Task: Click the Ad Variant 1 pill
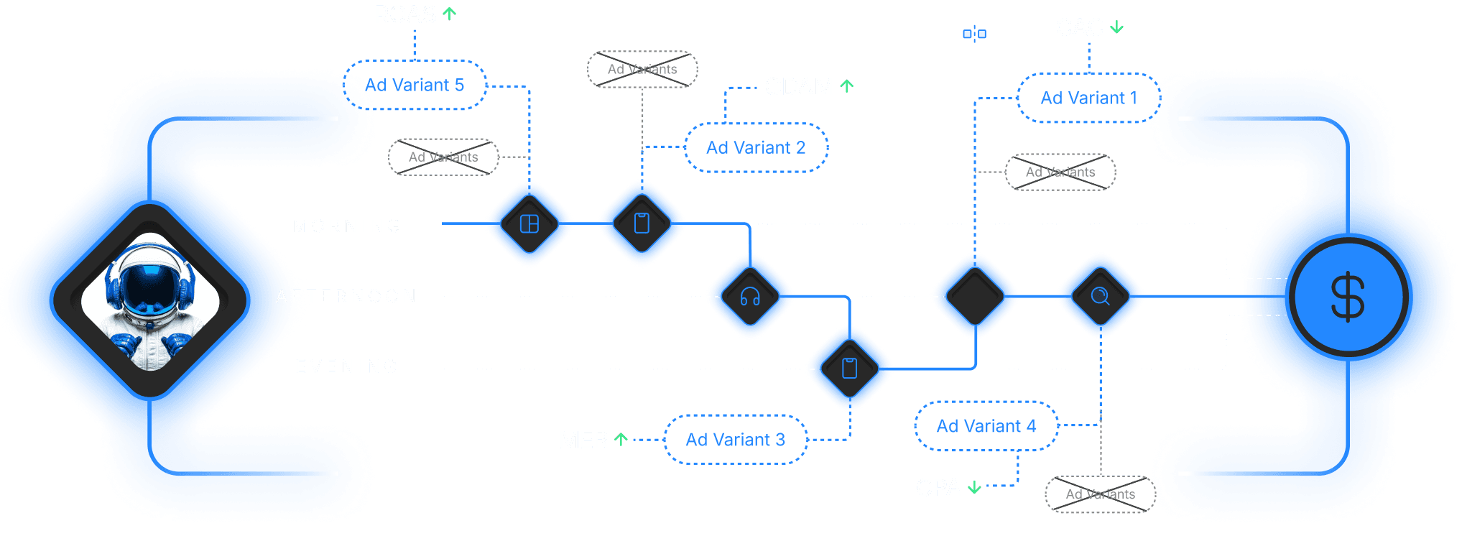1088,98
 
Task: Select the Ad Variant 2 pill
756,147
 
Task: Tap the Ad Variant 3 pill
735,440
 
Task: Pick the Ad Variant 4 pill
986,426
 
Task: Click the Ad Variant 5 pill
415,85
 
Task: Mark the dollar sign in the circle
1348,297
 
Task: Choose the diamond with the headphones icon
750,296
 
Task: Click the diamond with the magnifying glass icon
1100,296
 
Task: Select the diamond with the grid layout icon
529,224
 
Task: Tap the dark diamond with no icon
975,296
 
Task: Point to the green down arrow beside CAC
1117,28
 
